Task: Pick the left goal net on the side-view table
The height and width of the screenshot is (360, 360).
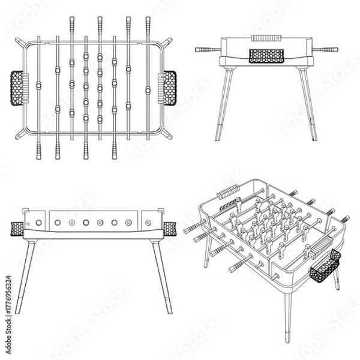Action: (x=16, y=228)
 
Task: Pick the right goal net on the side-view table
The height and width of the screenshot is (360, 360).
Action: (x=170, y=228)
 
